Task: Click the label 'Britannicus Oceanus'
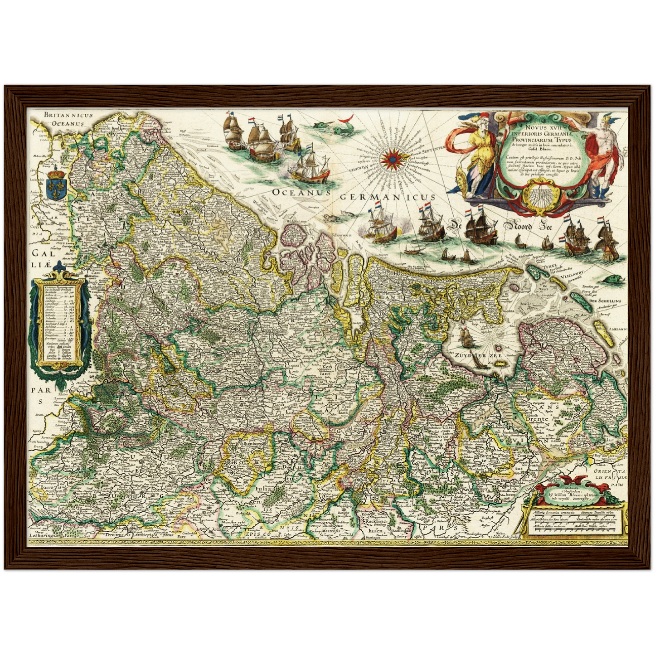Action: pos(68,119)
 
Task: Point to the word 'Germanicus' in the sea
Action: pos(387,197)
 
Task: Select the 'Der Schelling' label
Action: pos(605,301)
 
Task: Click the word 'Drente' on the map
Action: pos(537,419)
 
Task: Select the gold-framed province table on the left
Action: pos(60,324)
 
